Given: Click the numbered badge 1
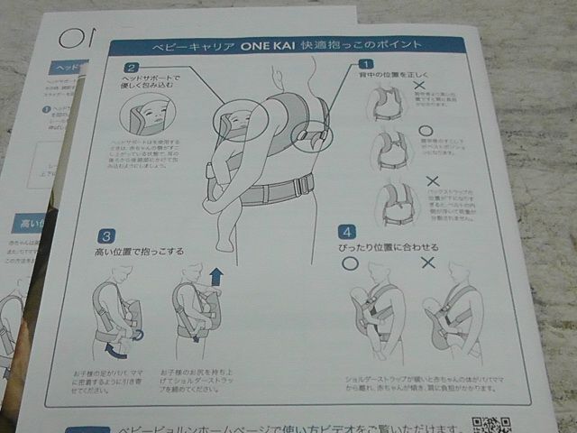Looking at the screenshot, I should pos(366,64).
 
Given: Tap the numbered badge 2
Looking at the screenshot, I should pos(133,67).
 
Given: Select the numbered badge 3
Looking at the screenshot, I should pos(106,236).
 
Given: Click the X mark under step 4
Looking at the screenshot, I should pos(428,263).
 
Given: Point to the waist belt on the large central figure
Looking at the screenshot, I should pos(270,190).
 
